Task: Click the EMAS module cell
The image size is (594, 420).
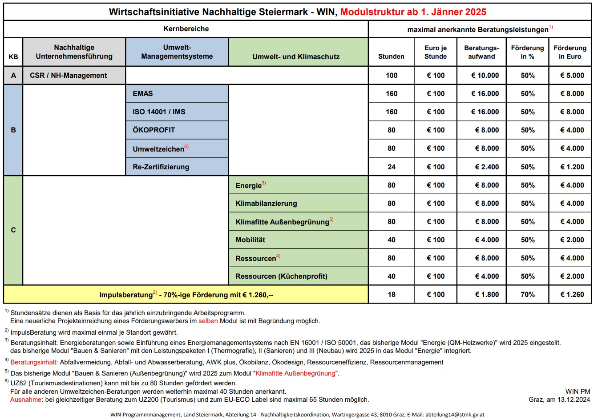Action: tap(177, 94)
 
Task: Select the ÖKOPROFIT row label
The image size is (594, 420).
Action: tap(177, 130)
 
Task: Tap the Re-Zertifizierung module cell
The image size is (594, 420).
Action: tap(177, 167)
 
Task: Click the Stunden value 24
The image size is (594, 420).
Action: tap(391, 167)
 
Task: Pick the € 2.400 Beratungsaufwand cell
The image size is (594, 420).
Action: tap(481, 167)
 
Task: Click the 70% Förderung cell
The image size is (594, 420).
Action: tap(527, 295)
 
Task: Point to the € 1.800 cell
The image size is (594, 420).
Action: tap(481, 295)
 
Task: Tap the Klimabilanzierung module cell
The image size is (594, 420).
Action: tap(298, 204)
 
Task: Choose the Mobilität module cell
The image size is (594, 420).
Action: tap(298, 240)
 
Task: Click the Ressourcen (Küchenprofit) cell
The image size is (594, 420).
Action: tap(298, 276)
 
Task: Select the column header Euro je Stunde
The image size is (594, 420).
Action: tap(435, 52)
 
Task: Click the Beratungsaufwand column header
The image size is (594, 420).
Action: tap(481, 52)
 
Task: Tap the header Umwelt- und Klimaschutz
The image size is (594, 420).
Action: tap(298, 56)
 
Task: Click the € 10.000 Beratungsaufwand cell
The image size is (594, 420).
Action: tap(481, 76)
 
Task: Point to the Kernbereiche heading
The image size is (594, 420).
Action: tap(186, 29)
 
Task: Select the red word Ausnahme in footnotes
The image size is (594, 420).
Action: tap(25, 400)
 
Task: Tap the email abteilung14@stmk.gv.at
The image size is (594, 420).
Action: tap(455, 414)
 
